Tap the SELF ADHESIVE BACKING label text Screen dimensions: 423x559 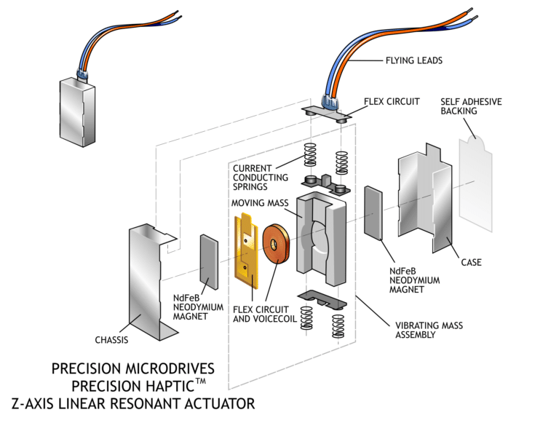click(471, 106)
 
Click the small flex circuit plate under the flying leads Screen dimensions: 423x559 click(325, 111)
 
